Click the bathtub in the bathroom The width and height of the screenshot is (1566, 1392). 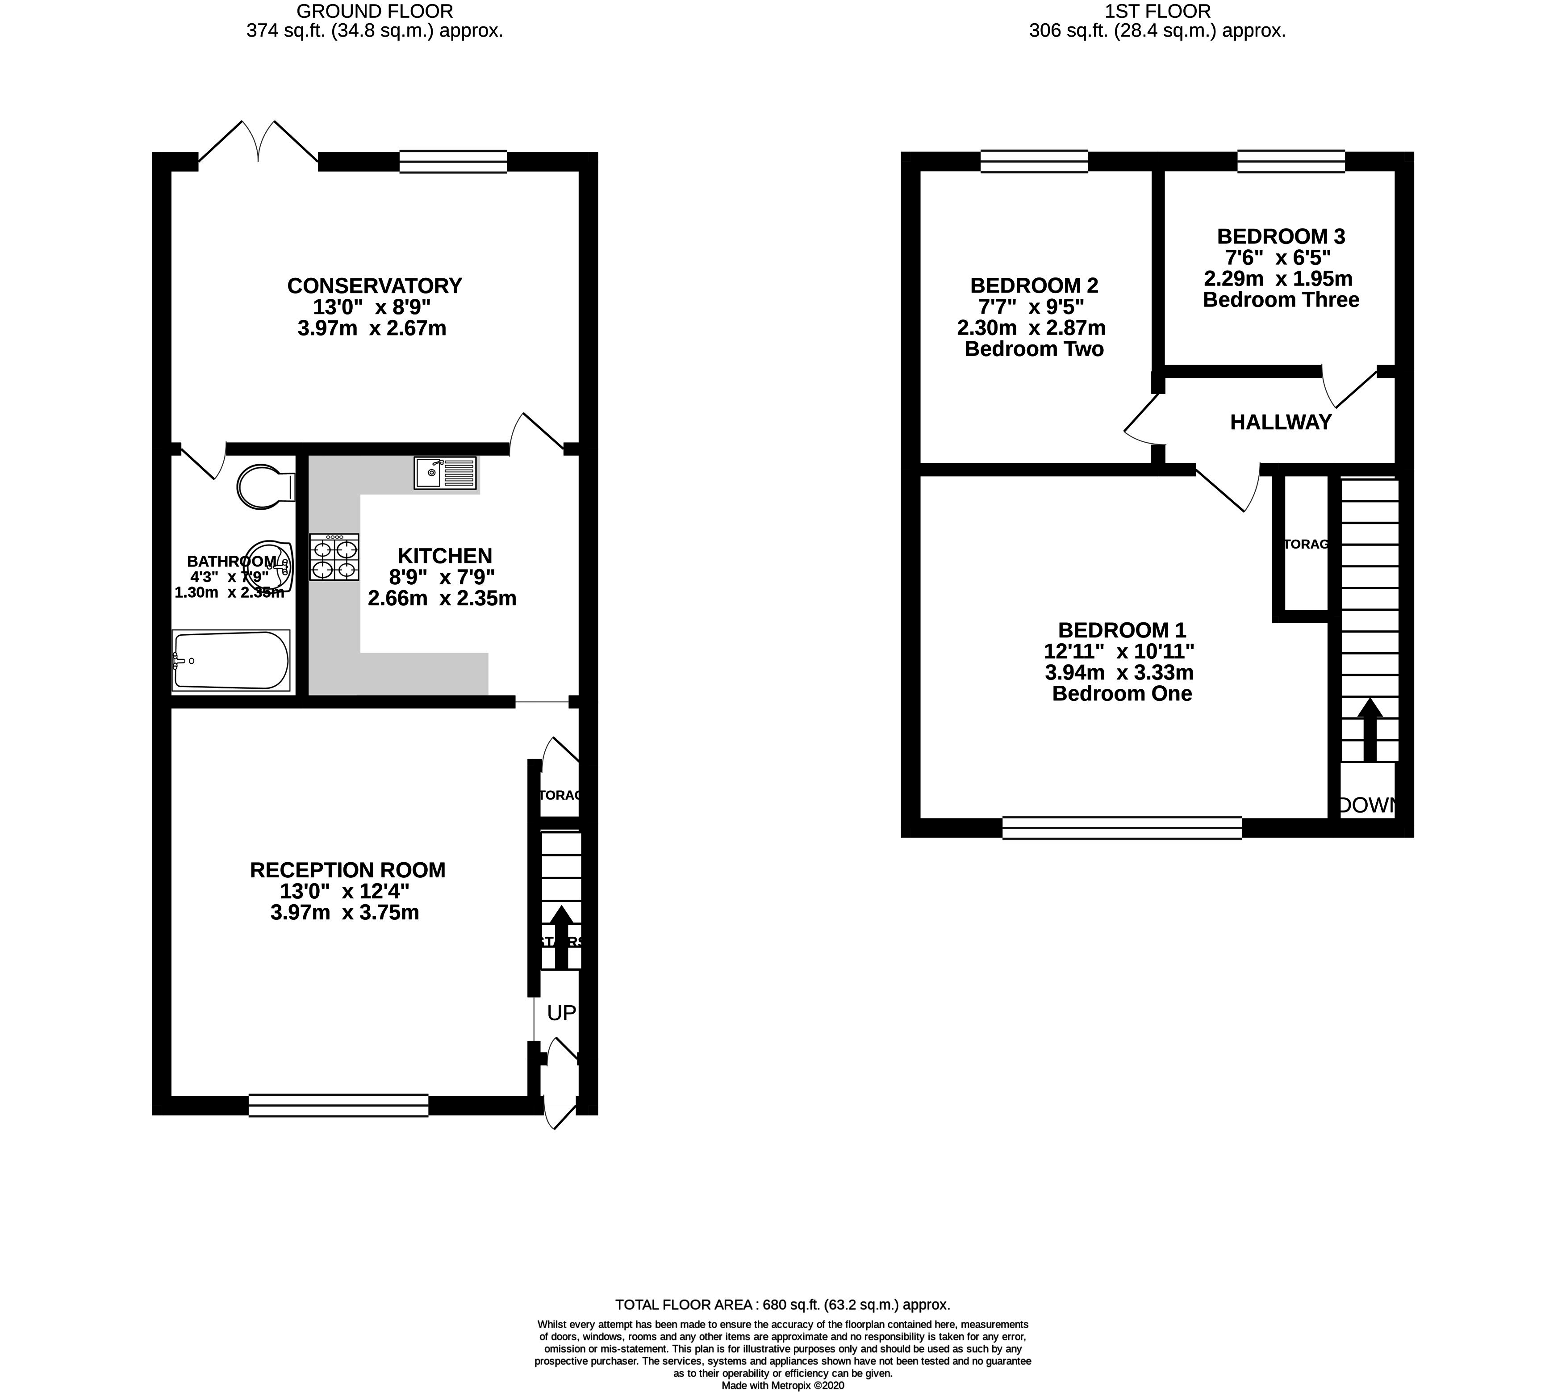pyautogui.click(x=230, y=660)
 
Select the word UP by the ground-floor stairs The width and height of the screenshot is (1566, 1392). pyautogui.click(x=561, y=1013)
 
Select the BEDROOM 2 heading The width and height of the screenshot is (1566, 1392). pyautogui.click(x=1034, y=286)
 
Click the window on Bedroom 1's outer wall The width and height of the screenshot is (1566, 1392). pyautogui.click(x=1122, y=828)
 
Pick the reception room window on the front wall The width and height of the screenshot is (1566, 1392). pyautogui.click(x=338, y=1105)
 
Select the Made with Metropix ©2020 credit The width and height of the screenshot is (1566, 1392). pyautogui.click(x=782, y=1386)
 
